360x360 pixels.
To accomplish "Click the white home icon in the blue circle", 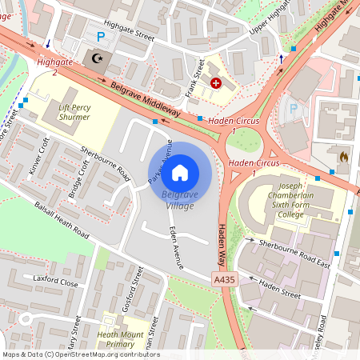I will coord(180,171).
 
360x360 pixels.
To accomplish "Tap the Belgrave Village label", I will coord(180,200).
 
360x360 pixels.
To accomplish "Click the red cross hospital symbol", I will coord(215,82).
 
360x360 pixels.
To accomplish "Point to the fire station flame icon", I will coord(345,158).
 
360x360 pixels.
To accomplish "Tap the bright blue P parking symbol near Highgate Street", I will coord(100,36).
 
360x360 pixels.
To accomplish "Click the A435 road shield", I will coord(225,279).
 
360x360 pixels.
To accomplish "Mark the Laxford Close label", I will coord(55,282).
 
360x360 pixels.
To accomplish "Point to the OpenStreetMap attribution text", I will coord(81,354).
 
